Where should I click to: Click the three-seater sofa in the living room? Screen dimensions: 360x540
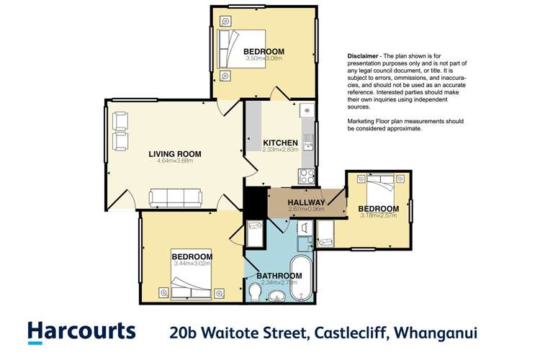click(175, 197)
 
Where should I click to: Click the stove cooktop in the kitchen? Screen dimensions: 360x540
click(306, 176)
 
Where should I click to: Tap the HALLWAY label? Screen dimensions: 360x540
click(306, 202)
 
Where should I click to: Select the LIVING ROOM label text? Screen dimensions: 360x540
click(174, 153)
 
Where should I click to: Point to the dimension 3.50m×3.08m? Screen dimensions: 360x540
click(264, 59)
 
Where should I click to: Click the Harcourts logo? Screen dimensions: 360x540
click(81, 332)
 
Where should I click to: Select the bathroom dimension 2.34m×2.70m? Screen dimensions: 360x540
click(277, 283)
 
